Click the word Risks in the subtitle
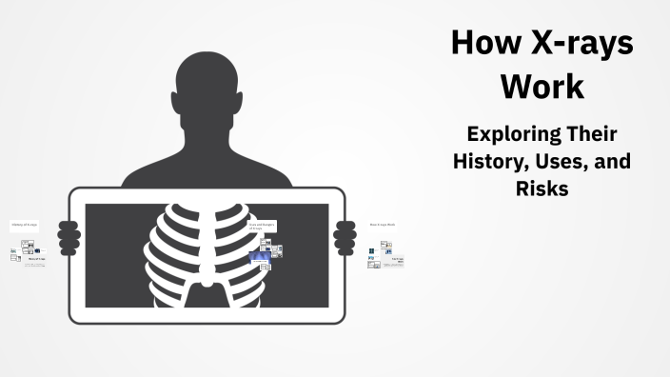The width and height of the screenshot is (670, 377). click(542, 188)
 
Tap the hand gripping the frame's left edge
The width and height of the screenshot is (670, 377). click(69, 234)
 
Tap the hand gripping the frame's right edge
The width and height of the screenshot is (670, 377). click(345, 234)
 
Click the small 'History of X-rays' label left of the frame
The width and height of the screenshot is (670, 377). click(24, 226)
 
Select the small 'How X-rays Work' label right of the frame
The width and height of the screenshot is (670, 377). click(382, 225)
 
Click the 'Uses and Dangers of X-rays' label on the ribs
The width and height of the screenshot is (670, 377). click(261, 226)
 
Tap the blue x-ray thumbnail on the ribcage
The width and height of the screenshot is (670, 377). click(258, 257)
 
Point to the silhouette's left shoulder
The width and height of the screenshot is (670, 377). click(143, 176)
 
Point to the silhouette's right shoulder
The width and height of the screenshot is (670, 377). click(271, 176)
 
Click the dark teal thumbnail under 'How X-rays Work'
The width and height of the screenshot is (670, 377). click(373, 250)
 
